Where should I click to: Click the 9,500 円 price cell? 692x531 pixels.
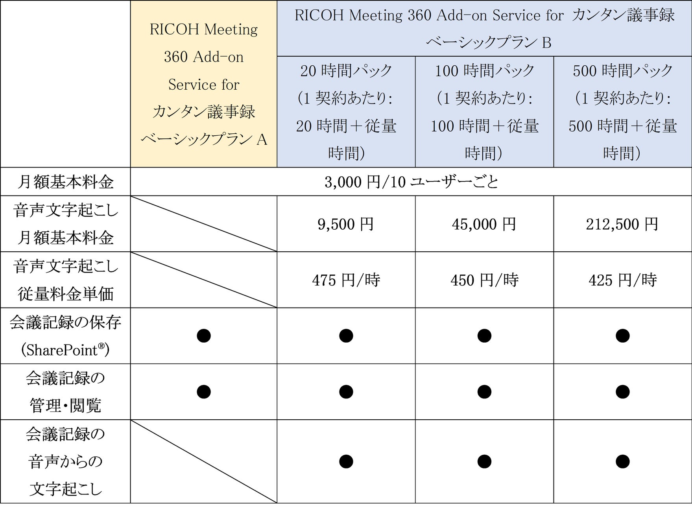tap(345, 224)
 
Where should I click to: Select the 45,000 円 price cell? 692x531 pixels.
tap(484, 224)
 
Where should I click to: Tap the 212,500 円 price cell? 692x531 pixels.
tap(622, 224)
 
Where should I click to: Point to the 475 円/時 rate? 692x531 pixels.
tap(346, 280)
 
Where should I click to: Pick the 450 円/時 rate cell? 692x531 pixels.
tap(484, 280)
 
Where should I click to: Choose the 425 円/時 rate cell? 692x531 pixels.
tap(622, 280)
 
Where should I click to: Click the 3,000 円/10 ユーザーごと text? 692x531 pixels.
tap(411, 182)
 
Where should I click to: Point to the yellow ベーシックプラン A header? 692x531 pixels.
tap(204, 84)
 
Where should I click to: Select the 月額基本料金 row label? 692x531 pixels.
tap(65, 182)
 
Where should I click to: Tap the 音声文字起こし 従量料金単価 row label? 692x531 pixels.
tap(65, 280)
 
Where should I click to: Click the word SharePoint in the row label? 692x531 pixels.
tap(59, 350)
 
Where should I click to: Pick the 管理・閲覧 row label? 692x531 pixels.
tap(65, 406)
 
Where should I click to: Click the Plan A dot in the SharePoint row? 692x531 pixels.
tap(204, 336)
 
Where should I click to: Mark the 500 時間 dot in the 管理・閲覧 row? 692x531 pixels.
tap(622, 392)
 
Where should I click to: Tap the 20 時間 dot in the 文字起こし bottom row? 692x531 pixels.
tap(346, 461)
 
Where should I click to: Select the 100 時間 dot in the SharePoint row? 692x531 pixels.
tap(484, 336)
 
